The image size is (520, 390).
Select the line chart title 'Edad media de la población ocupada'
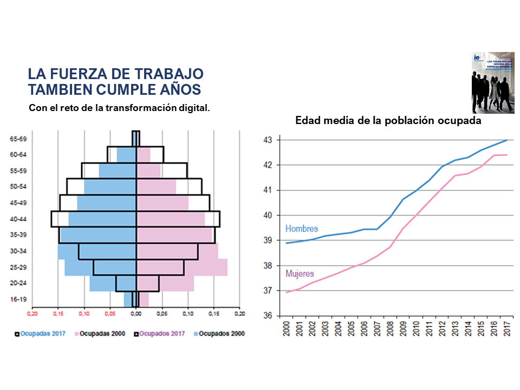click(388, 121)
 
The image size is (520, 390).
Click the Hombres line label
click(301, 229)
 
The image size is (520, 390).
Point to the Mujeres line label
click(300, 274)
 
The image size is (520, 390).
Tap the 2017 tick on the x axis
click(507, 329)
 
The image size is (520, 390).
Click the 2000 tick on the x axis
click(287, 329)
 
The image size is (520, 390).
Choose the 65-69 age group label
click(18, 139)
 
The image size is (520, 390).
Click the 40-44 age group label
click(18, 219)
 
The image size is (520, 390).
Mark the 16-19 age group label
click(18, 300)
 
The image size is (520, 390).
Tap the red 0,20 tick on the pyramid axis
click(33, 314)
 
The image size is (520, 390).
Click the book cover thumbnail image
click(493, 82)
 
